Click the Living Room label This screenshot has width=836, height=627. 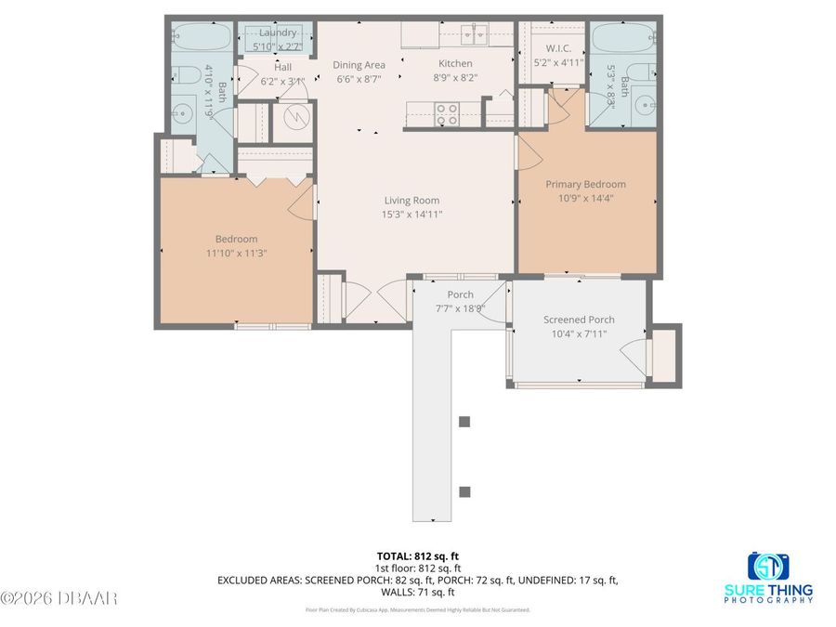point(412,200)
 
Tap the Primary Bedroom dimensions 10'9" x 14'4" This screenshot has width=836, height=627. point(585,197)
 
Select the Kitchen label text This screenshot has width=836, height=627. point(455,64)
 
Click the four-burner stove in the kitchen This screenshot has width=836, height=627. point(447,113)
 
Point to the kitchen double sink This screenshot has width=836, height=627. point(474,35)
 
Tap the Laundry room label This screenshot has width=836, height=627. point(278,33)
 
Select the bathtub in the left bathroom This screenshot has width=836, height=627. point(201,37)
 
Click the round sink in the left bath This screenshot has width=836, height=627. point(181,114)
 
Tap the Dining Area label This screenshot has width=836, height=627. point(359,64)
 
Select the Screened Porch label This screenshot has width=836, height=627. point(579,320)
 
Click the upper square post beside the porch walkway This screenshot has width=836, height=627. point(464,422)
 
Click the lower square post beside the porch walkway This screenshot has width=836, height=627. point(464,491)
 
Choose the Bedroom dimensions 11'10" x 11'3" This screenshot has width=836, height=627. point(237,253)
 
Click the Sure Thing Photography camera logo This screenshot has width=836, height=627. point(768,566)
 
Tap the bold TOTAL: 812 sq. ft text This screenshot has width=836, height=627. point(417,555)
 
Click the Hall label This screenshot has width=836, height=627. point(282,67)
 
